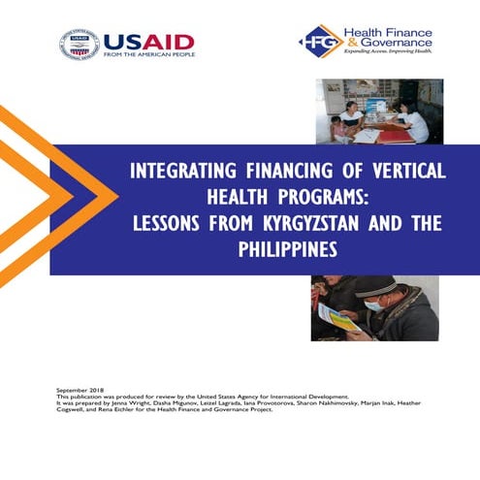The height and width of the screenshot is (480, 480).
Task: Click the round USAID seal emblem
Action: pos(79,44)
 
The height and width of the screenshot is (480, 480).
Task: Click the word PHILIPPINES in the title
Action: pos(288,248)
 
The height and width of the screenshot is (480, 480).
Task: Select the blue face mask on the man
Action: pos(372,304)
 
